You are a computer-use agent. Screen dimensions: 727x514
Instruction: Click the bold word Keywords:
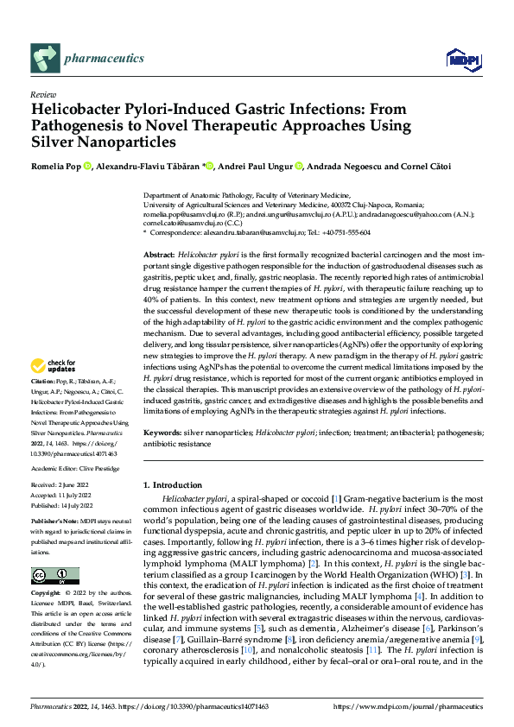pos(162,430)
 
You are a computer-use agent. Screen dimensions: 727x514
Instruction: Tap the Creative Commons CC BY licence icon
pos(54,576)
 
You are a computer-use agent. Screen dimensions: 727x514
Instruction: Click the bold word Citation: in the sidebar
pos(44,405)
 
